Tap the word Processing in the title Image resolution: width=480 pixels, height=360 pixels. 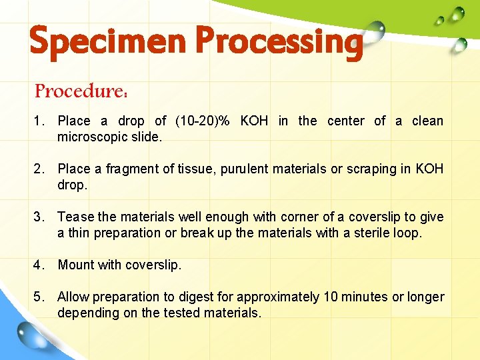point(278,41)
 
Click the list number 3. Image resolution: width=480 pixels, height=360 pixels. point(39,217)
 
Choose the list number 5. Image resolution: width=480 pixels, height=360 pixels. point(39,297)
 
